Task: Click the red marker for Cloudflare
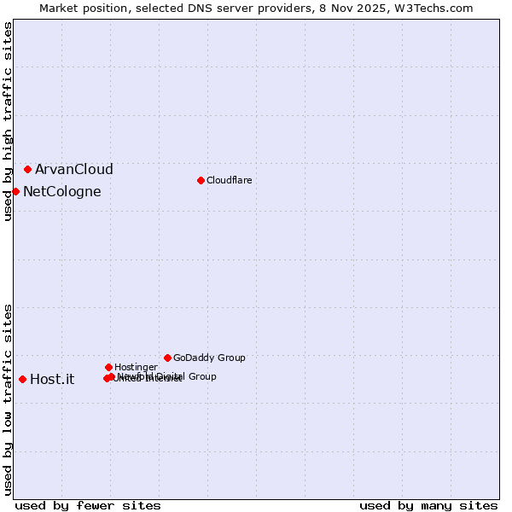201,180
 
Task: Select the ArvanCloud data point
27,169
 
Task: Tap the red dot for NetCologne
15,191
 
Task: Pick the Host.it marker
22,379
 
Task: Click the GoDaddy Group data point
167,358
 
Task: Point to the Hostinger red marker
108,367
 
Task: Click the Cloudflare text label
229,180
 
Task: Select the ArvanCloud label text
73,169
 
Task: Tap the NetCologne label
61,191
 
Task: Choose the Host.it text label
52,379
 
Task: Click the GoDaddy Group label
209,358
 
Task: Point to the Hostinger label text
136,367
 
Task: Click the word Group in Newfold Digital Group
201,376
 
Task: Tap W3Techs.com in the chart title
433,8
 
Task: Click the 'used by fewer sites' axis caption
88,505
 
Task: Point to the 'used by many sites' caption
428,505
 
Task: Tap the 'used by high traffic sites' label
8,121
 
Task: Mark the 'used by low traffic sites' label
8,399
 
